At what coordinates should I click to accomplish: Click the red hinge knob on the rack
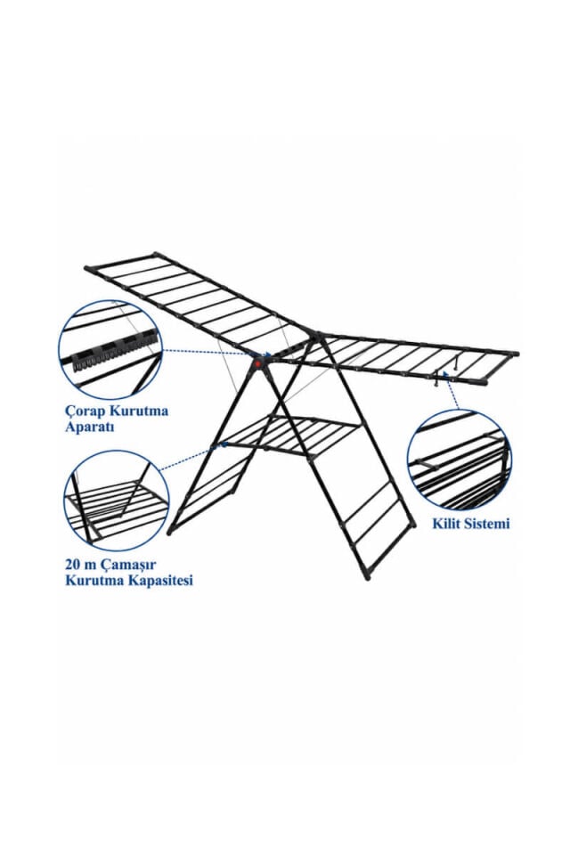pyautogui.click(x=257, y=363)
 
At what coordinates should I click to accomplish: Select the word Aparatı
pyautogui.click(x=89, y=427)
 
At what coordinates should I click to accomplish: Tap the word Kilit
pyautogui.click(x=446, y=524)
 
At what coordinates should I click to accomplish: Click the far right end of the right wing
pyautogui.click(x=516, y=354)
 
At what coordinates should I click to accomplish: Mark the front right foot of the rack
pyautogui.click(x=367, y=576)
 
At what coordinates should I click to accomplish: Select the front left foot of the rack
pyautogui.click(x=170, y=531)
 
